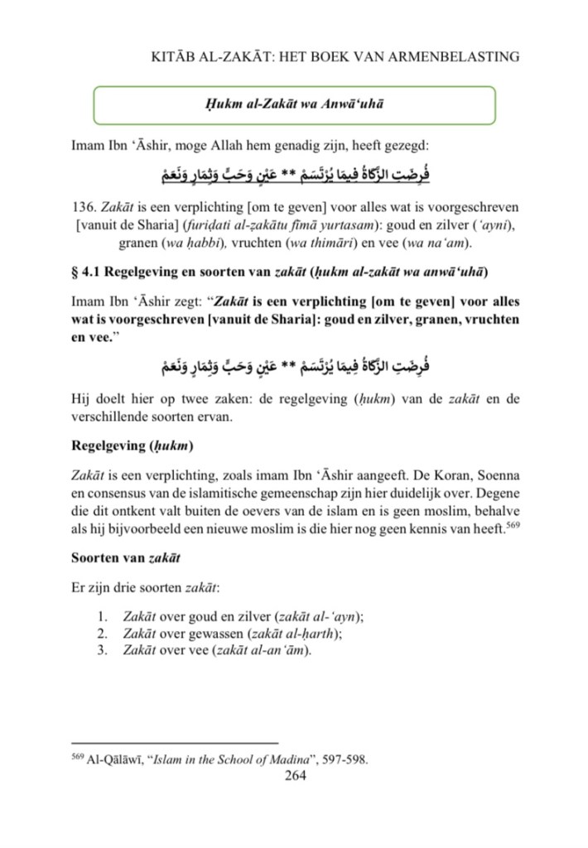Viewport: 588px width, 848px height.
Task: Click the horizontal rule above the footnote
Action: point(175,744)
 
